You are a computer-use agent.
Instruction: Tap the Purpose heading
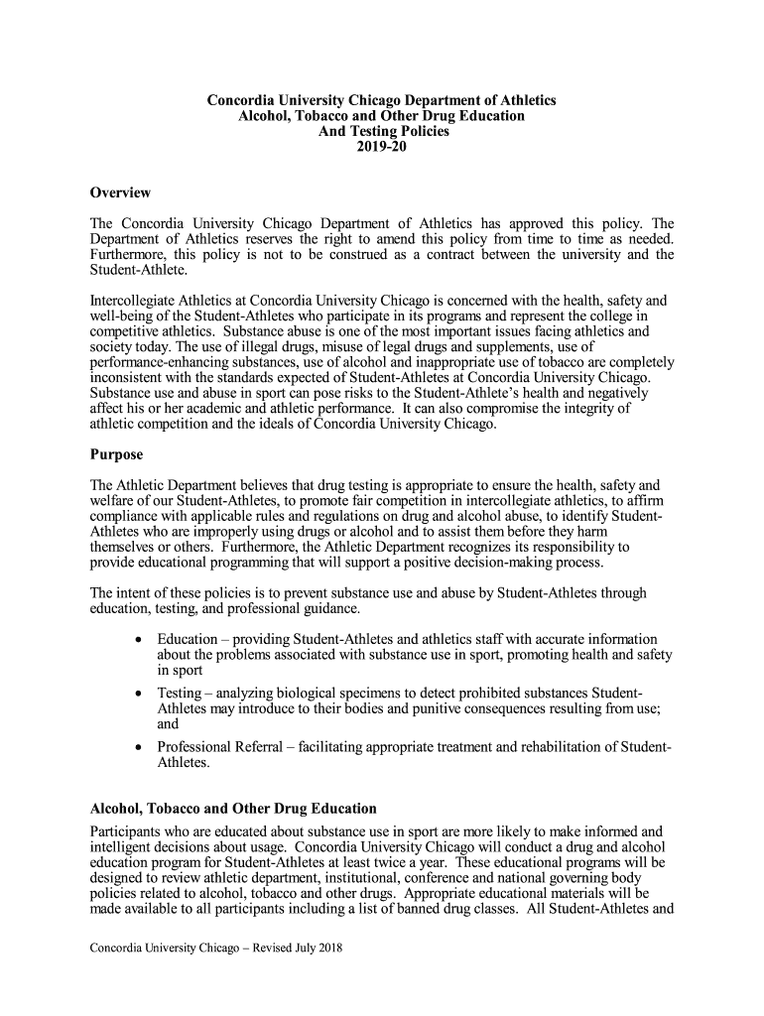116,454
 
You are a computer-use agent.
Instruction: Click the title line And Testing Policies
381,131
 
